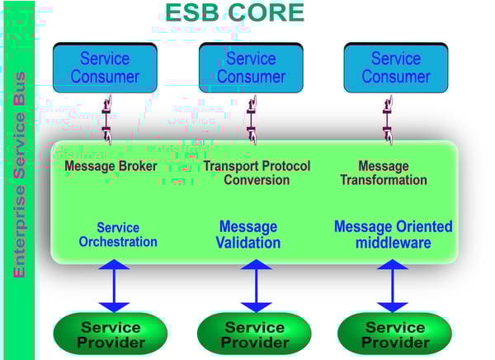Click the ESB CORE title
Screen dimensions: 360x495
click(x=234, y=13)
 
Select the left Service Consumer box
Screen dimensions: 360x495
click(x=104, y=68)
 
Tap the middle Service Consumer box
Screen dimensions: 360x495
click(x=250, y=68)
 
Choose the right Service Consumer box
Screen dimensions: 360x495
click(x=395, y=68)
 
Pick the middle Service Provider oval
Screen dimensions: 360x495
click(x=253, y=334)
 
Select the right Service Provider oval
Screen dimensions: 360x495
click(x=394, y=334)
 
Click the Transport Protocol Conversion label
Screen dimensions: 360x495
click(x=257, y=173)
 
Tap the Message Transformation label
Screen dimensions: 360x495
click(x=384, y=173)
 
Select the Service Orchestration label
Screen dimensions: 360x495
click(x=118, y=234)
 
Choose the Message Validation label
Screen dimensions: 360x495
click(x=248, y=234)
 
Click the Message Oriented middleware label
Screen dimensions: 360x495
click(x=393, y=234)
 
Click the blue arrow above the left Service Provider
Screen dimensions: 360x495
click(x=114, y=285)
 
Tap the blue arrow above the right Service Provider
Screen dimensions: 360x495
click(x=393, y=285)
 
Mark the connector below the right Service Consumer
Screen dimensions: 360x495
click(x=387, y=117)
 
